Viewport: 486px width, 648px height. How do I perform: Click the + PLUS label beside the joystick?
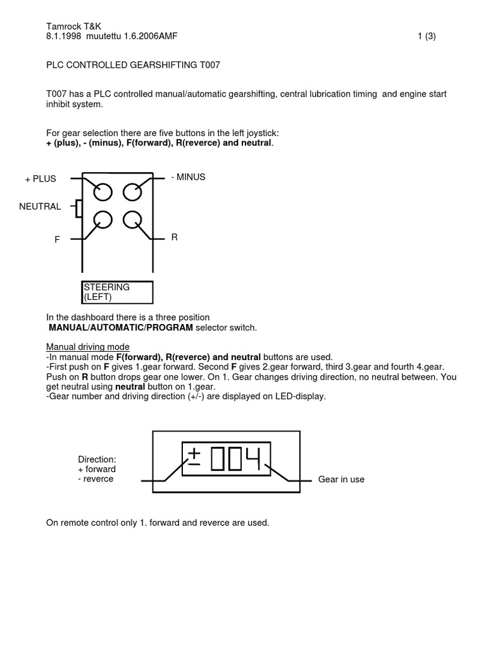[40, 179]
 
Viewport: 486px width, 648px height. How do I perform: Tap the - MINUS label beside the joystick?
[188, 177]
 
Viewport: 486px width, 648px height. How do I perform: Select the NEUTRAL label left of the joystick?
[40, 206]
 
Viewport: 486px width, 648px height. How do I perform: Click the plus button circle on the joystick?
[103, 191]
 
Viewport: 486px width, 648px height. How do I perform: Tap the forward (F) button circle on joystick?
[103, 220]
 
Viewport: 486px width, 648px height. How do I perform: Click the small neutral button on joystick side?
[78, 208]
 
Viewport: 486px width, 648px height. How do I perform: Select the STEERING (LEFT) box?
[116, 292]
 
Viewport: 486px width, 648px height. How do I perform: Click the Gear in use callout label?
[341, 480]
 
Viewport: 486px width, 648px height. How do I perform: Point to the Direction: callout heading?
[97, 459]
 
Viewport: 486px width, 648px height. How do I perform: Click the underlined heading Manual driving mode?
[88, 347]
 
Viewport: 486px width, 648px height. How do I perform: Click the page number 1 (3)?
[427, 37]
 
